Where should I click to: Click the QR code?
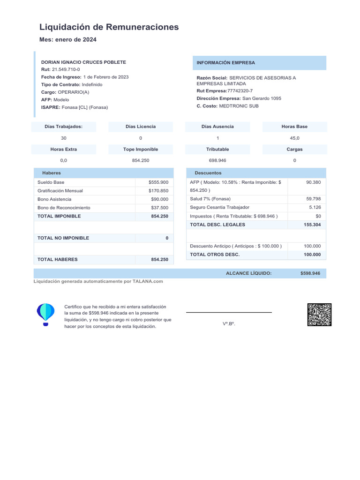(319, 315)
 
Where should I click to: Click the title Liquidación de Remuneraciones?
(109, 27)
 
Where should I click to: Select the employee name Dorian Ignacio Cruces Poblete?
(83, 62)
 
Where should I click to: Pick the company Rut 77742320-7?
(240, 91)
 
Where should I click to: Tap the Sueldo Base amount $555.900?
(158, 182)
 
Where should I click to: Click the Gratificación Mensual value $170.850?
(158, 191)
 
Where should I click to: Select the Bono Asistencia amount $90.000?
(159, 199)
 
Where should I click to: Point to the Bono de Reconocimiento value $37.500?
(159, 208)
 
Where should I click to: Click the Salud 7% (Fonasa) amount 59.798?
(313, 199)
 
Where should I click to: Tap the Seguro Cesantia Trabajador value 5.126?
(315, 207)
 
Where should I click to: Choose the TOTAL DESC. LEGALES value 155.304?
(312, 225)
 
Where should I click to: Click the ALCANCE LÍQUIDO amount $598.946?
(310, 273)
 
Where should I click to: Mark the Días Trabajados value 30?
(64, 138)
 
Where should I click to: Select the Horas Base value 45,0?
(294, 138)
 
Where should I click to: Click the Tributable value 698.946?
(217, 161)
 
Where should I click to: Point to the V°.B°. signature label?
(229, 324)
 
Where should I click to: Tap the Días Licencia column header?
(141, 127)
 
